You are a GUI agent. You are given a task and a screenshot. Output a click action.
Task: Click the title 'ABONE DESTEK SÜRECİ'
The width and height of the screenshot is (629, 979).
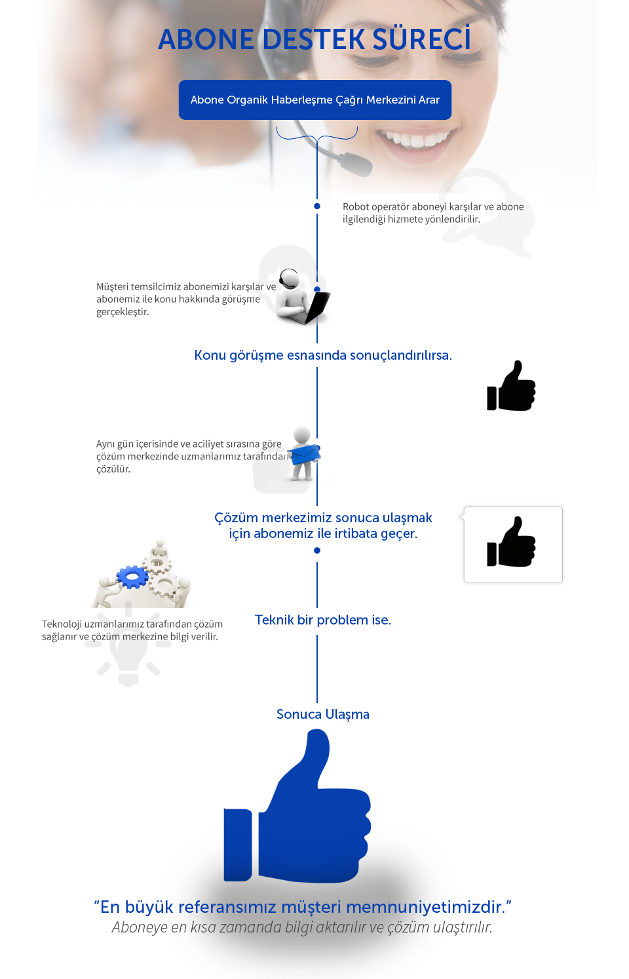pyautogui.click(x=314, y=40)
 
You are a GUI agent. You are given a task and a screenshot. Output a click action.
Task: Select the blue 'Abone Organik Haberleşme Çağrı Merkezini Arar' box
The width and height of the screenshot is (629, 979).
pyautogui.click(x=314, y=100)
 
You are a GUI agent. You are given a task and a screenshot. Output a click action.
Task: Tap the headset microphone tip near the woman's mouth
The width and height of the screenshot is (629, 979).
pyautogui.click(x=356, y=164)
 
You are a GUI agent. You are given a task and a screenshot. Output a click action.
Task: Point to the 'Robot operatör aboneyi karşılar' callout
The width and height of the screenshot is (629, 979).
pyautogui.click(x=436, y=213)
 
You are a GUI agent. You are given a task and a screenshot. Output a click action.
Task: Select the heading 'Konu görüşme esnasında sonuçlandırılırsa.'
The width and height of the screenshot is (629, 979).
pyautogui.click(x=323, y=355)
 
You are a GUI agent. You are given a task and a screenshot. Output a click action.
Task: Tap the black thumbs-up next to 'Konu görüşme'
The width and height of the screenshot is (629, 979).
pyautogui.click(x=512, y=387)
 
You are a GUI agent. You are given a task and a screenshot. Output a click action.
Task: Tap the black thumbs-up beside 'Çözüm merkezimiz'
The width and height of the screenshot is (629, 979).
pyautogui.click(x=512, y=543)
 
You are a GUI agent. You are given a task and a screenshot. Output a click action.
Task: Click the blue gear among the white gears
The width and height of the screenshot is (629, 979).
pyautogui.click(x=133, y=577)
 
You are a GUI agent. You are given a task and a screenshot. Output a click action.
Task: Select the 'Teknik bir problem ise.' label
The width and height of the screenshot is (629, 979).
pyautogui.click(x=323, y=620)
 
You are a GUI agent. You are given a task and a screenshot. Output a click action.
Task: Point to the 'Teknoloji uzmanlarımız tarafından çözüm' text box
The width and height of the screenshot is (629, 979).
pyautogui.click(x=135, y=630)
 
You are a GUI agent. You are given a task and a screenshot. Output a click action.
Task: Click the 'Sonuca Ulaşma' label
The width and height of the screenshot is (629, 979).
pyautogui.click(x=322, y=714)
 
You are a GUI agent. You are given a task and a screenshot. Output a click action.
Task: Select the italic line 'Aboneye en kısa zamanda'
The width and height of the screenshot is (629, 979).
pyautogui.click(x=301, y=927)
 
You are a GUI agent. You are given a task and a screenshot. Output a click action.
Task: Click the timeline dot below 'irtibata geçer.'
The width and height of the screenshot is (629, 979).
pyautogui.click(x=317, y=550)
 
